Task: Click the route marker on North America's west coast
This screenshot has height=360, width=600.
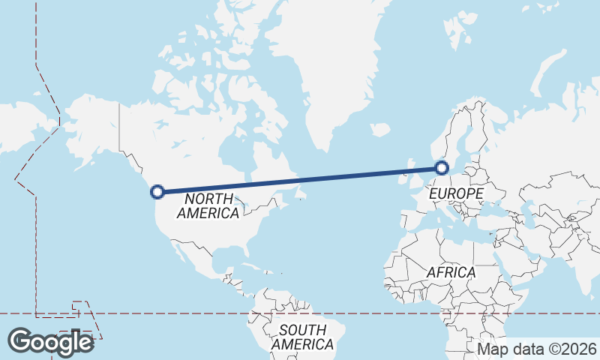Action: click(157, 191)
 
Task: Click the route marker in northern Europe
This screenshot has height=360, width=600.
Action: click(442, 167)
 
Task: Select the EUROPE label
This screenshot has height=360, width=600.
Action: click(456, 194)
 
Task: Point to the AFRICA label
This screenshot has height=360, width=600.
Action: click(451, 272)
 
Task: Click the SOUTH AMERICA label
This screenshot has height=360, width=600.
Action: click(302, 337)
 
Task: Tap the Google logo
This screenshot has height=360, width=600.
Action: click(50, 342)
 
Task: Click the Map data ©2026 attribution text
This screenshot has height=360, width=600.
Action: click(537, 349)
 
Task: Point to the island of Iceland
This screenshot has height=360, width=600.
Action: click(380, 130)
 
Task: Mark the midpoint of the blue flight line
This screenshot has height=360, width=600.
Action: click(300, 179)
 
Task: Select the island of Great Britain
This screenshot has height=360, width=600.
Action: click(410, 174)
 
